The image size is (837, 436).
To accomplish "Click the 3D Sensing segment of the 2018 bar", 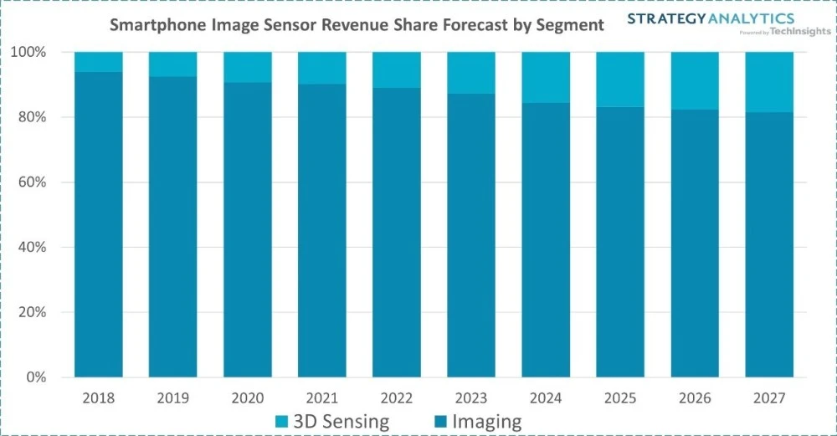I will [x=99, y=62].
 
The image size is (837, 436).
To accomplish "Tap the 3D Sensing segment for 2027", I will [x=770, y=82].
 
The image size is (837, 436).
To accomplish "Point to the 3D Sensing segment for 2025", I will [x=620, y=80].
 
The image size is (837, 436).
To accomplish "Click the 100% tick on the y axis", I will [x=33, y=53].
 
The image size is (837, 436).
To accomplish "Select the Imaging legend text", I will [x=487, y=420].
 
